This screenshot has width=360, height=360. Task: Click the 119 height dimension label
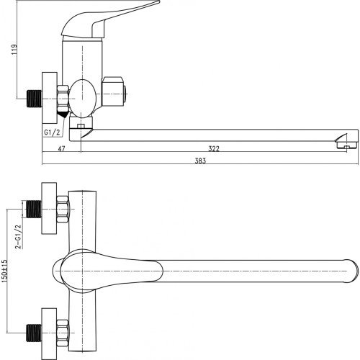14,49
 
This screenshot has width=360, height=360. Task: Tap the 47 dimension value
62,149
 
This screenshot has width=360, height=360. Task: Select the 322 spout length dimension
214,149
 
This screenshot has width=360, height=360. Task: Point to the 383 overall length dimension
200,161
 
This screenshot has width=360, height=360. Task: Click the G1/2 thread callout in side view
52,132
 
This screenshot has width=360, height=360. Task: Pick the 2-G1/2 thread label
19,236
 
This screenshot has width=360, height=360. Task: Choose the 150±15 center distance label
4,271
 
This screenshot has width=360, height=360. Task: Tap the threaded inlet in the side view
34,99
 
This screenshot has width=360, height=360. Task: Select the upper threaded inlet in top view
33,209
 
